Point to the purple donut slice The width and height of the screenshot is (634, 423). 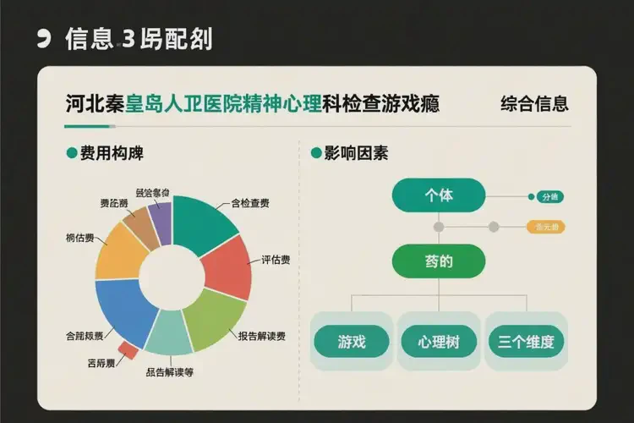point(161,217)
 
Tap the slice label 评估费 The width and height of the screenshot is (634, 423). point(275,260)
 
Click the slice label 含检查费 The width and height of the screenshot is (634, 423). point(250,204)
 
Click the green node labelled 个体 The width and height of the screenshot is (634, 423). point(439,195)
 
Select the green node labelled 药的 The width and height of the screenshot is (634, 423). point(439,261)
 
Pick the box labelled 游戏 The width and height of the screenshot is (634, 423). point(351,341)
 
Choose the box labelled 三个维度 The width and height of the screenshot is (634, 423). point(526,341)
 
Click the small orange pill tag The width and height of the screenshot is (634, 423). point(545,227)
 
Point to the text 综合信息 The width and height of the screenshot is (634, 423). point(534,105)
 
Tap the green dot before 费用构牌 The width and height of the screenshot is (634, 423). point(71,153)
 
